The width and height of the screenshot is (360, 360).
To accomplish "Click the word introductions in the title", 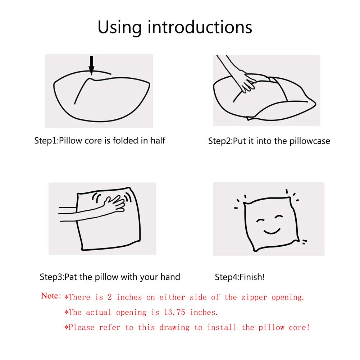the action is coord(200,27).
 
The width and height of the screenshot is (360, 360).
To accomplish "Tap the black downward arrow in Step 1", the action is coord(92,65).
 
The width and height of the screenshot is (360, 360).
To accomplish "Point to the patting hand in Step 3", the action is coord(115,202).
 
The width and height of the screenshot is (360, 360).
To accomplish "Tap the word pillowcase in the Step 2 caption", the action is coord(310,141).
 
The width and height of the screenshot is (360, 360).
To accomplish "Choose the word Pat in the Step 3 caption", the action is coord(70,277).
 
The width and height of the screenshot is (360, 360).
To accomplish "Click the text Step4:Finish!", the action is coord(240,277).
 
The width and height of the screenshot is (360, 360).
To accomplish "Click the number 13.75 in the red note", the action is coord(174,312).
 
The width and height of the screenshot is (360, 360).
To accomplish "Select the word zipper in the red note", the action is coord(254,297).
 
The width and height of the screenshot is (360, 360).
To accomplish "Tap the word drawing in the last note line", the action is coord(174,328).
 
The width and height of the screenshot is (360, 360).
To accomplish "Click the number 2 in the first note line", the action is coord(110,297).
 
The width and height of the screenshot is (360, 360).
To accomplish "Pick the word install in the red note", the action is coord(222,327).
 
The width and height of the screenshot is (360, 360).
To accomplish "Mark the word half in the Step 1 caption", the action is coord(158,141).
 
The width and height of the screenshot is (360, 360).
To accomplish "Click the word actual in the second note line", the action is coord(99,312).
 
